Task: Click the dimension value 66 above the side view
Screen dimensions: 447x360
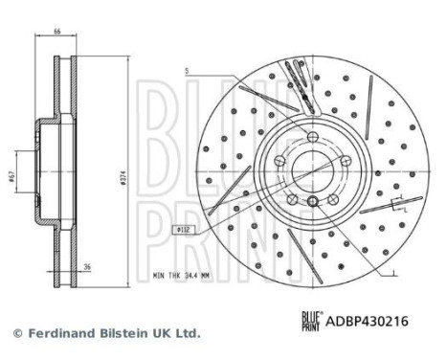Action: tap(56, 32)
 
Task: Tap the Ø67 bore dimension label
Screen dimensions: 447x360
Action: tap(11, 176)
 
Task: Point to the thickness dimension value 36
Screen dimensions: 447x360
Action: tap(87, 266)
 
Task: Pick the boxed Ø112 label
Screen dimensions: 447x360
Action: tap(184, 229)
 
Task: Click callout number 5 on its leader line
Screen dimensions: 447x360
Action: tap(187, 72)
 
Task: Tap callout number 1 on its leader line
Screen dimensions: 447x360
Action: tap(393, 272)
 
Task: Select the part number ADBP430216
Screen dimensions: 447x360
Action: tap(367, 321)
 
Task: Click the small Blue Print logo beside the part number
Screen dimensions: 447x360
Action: tap(312, 321)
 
